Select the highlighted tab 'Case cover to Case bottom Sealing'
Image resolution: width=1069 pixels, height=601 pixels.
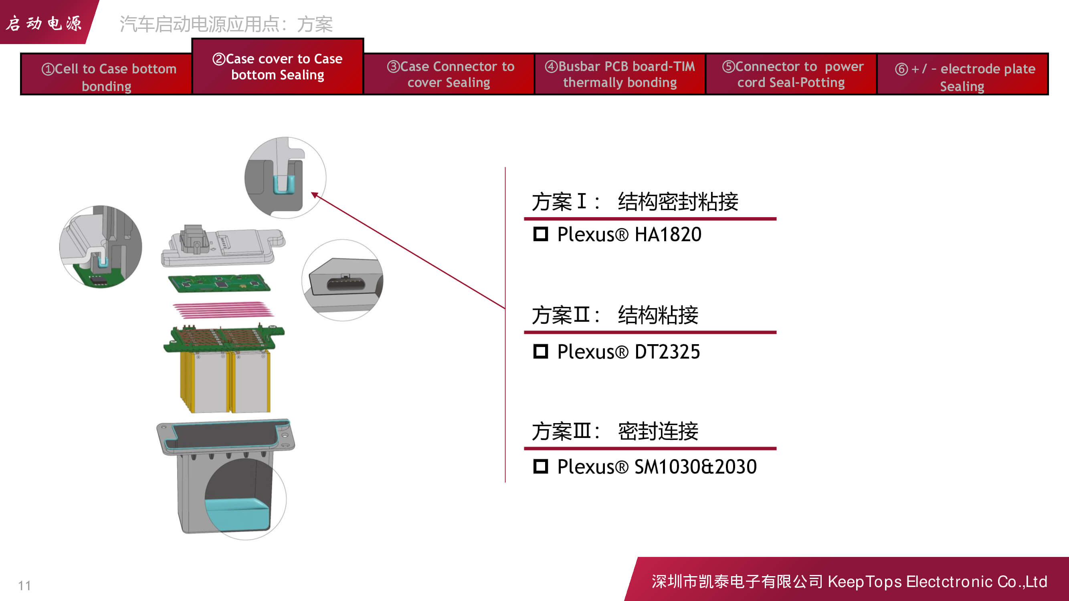point(278,67)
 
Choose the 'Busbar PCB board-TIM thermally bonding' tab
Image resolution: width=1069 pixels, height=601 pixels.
point(620,75)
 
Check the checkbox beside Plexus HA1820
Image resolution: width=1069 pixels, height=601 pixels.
point(540,234)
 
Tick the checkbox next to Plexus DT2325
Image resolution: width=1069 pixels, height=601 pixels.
point(540,352)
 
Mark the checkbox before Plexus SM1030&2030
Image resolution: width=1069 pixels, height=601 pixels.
point(540,467)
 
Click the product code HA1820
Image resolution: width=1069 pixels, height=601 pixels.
point(668,234)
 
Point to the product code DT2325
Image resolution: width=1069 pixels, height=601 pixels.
point(667,352)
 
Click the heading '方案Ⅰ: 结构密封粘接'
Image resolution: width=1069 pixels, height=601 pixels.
point(635,202)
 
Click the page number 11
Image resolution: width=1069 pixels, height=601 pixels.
point(24,586)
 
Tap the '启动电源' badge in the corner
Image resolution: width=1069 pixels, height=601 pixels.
point(44,23)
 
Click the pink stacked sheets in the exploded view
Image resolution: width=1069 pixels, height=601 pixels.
point(222,309)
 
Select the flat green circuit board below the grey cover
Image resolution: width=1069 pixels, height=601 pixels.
point(219,284)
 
